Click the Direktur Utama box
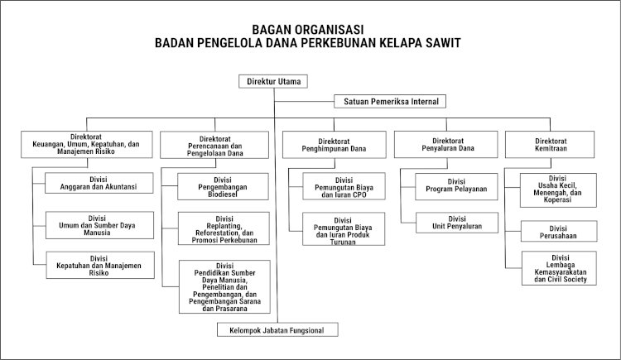point(273,81)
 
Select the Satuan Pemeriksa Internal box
point(390,102)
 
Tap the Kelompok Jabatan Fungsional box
point(277,329)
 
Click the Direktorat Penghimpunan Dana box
point(335,145)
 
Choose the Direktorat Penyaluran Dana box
point(446,145)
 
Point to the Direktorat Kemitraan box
point(550,145)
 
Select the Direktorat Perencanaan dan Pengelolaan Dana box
point(214,145)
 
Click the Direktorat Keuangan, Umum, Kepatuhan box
point(87,145)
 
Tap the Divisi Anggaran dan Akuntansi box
point(99,183)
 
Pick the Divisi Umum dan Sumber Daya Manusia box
point(100,225)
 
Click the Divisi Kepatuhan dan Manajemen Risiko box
point(100,265)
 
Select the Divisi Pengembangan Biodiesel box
point(223,186)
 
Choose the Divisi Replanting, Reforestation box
point(224,228)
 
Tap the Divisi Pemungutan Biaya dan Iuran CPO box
point(344,186)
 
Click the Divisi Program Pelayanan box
point(456,186)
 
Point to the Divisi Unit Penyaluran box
point(457,223)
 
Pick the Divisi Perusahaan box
point(559,231)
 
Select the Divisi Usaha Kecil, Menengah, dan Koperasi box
point(558,190)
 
